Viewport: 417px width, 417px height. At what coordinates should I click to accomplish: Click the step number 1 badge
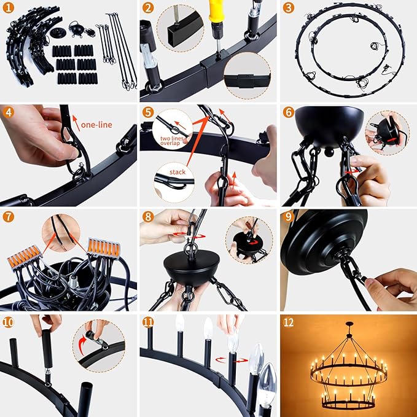coord(9,8)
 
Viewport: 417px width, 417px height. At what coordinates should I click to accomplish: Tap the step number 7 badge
coord(9,217)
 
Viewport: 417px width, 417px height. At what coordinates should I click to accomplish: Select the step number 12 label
coord(289,322)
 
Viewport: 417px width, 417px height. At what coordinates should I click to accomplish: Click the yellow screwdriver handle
coord(217,11)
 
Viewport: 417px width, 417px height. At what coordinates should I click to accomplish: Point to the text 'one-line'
coord(96,125)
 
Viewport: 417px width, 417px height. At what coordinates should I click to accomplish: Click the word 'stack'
coord(177,172)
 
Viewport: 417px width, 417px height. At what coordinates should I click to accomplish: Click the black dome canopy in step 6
coord(329,125)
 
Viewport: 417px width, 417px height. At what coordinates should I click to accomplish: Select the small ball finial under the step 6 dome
coord(329,152)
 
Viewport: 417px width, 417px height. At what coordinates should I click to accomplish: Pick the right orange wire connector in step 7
coord(103,248)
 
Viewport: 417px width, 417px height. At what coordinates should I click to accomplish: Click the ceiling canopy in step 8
coord(192,268)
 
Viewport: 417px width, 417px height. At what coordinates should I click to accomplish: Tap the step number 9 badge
coord(288,217)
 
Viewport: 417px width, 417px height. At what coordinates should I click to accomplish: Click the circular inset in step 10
coord(99,346)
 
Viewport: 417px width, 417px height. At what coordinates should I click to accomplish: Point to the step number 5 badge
coord(148,112)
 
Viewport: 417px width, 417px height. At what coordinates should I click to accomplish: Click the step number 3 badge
coord(288,8)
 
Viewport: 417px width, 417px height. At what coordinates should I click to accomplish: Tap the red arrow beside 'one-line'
coord(76,123)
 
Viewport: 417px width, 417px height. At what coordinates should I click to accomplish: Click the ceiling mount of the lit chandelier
coord(349,324)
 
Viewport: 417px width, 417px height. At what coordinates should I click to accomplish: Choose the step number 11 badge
coord(148,322)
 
